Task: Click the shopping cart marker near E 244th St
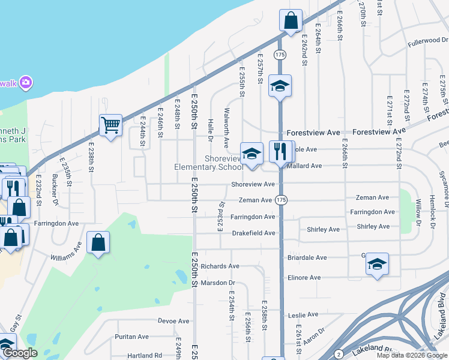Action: coord(110,125)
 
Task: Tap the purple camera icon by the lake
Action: coord(25,82)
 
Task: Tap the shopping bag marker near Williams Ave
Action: coord(98,242)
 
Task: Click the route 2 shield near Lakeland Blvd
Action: coord(339,354)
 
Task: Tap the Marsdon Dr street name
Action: coord(218,283)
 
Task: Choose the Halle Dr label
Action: coord(211,130)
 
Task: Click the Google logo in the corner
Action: coord(20,353)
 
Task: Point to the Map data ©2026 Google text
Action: coord(411,355)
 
